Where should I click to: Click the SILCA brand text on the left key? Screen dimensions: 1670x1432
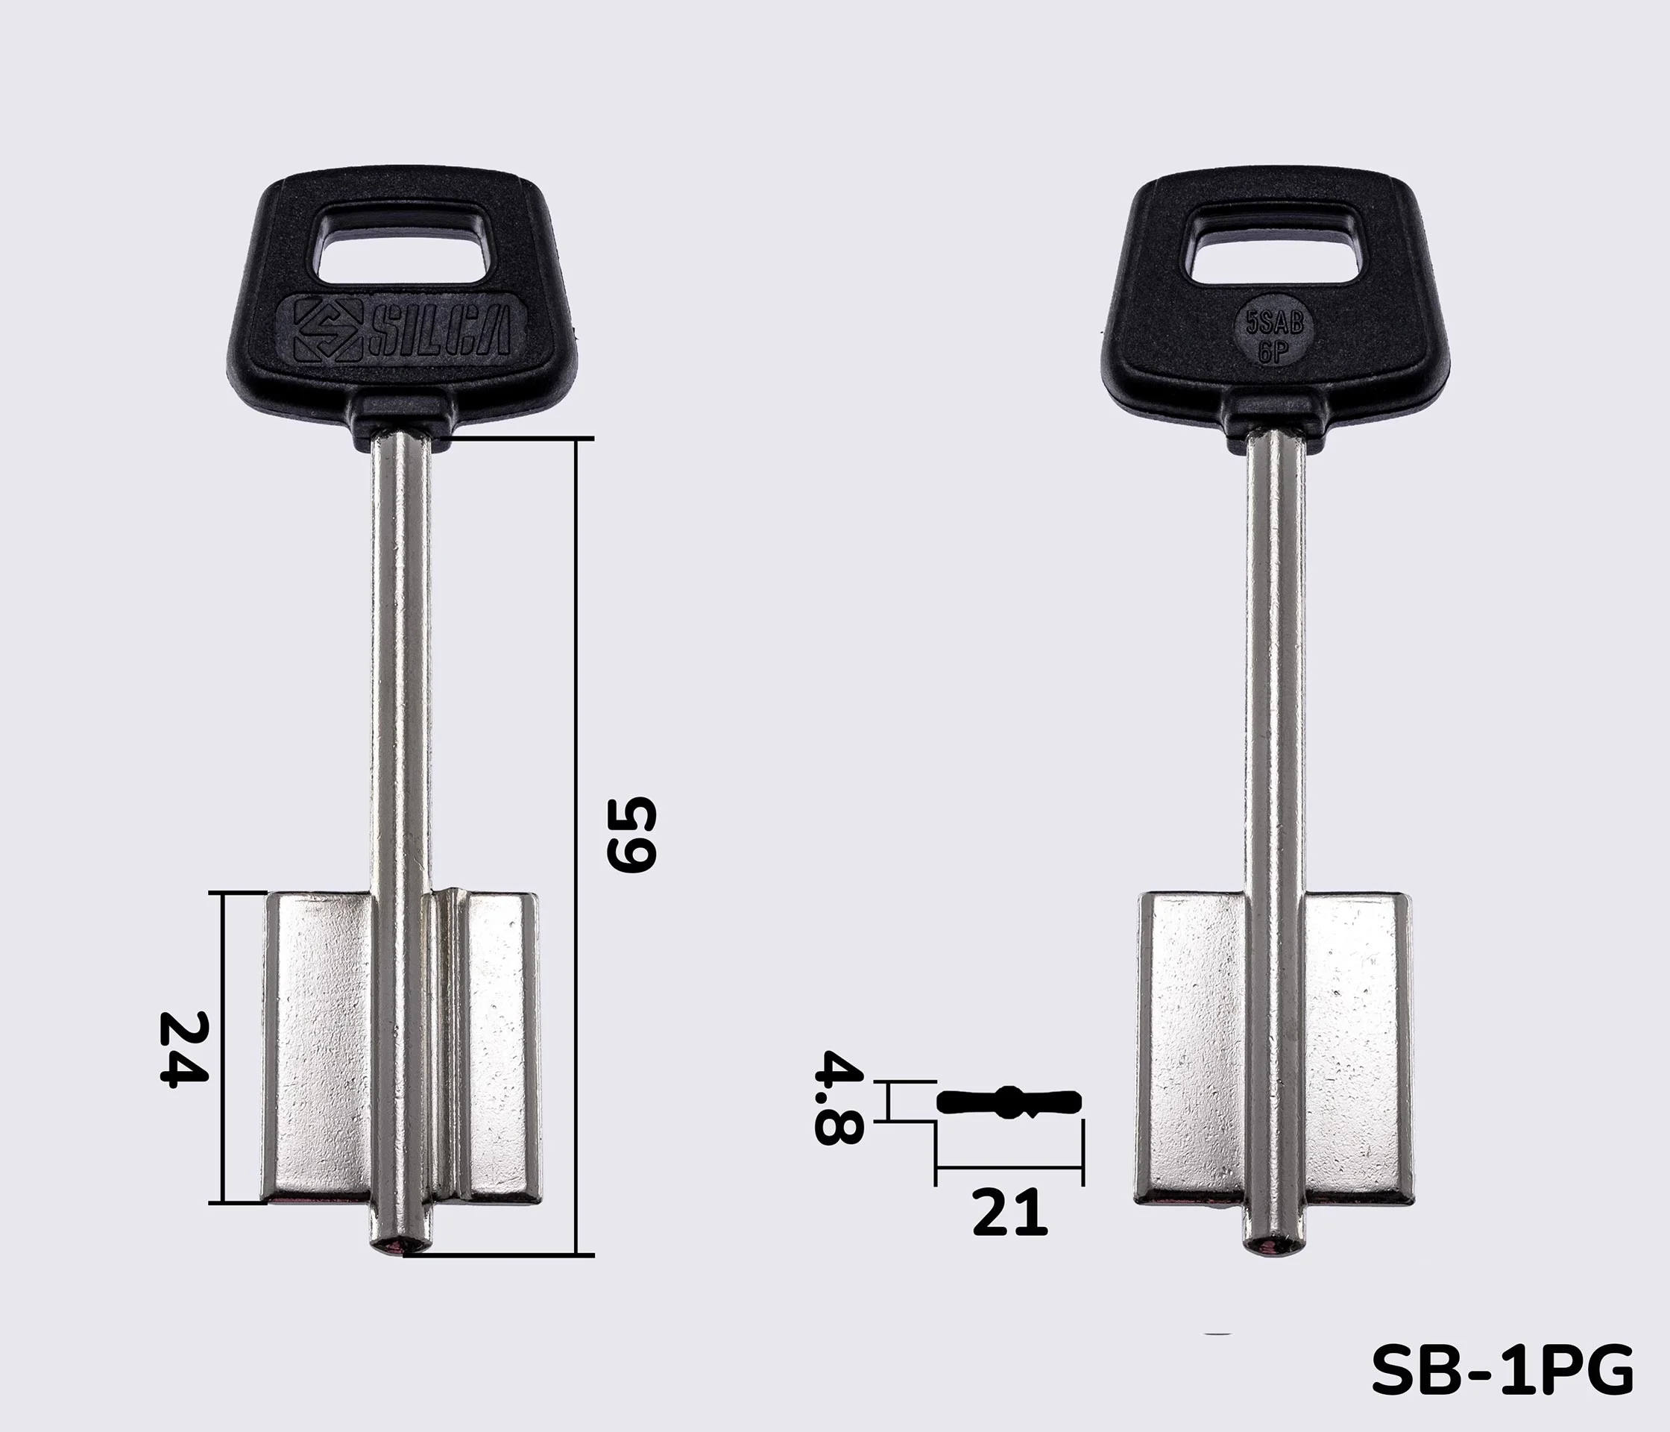[x=439, y=330]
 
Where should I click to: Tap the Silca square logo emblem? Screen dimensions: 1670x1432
[x=327, y=330]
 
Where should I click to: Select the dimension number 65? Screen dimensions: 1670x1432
[x=632, y=835]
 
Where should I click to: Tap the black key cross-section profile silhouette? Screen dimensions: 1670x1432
[x=1009, y=1102]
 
